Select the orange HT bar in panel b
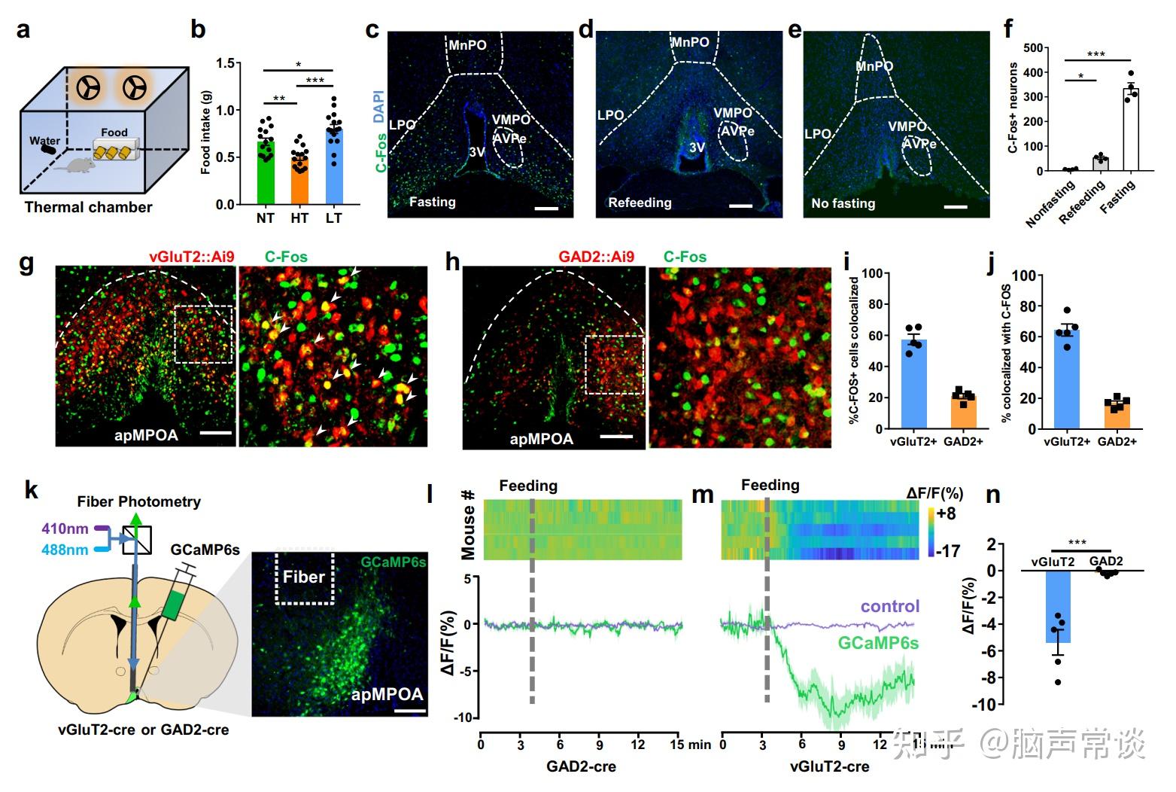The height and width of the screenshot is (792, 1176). pos(299,181)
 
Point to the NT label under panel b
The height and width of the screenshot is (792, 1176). pos(265,218)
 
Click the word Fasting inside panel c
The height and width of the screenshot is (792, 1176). pos(432,202)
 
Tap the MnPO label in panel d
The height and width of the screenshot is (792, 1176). pos(690,42)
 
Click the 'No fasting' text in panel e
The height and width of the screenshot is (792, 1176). pos(843,203)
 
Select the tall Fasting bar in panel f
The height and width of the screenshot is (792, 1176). pos(1130,129)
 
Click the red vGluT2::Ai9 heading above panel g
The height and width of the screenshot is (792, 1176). pos(191,257)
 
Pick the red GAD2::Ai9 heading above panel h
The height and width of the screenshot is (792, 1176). pos(596,257)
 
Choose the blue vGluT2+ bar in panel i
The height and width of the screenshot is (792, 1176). pos(913,384)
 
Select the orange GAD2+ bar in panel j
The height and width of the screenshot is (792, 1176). pos(1117,415)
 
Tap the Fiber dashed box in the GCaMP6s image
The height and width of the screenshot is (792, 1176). pos(305,578)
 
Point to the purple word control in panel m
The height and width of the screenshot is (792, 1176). pos(889,606)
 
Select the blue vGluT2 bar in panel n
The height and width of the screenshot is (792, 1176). pos(1058,607)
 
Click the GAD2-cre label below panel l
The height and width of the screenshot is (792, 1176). pos(581,766)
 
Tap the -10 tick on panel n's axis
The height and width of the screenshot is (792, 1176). pos(985,705)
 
